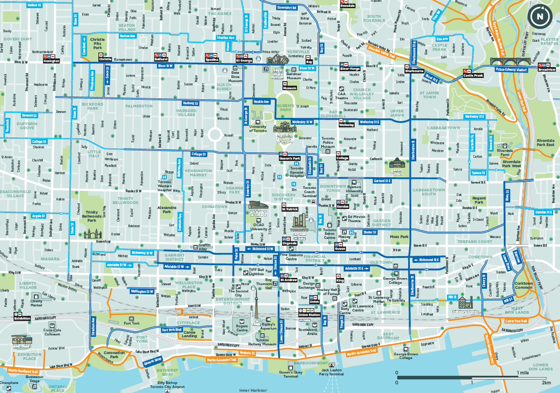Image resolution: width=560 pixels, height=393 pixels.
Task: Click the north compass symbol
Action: [540, 17]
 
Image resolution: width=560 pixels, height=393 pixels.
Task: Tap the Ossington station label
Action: [51, 61]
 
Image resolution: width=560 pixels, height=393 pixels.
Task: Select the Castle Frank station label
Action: [473, 75]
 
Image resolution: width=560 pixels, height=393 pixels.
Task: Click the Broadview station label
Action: [546, 70]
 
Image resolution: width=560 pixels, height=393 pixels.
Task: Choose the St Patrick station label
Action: [290, 209]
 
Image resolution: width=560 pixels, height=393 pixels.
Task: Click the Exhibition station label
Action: [22, 318]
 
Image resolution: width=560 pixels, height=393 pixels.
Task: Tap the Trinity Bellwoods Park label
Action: [92, 216]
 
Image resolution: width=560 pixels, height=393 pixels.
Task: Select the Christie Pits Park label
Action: [98, 43]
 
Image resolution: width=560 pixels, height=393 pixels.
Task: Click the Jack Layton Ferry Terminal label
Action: [331, 371]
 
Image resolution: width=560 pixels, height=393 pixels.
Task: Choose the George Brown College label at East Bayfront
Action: [406, 356]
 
